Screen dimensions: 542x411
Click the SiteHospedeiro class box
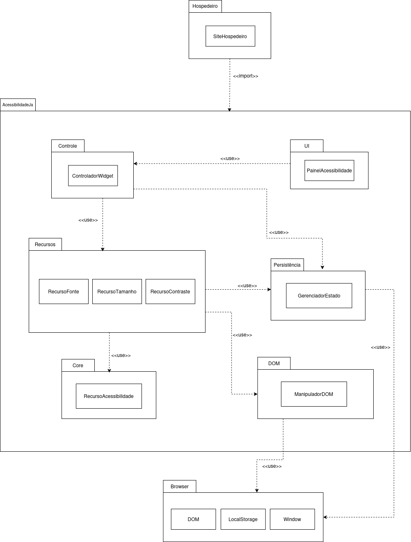[x=230, y=36]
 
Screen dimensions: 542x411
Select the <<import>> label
[x=245, y=76]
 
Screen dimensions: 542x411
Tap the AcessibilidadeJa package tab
[x=18, y=105]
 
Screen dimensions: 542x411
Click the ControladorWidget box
[x=93, y=176]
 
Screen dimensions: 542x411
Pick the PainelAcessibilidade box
[x=329, y=170]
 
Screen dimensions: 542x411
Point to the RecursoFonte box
[x=64, y=291]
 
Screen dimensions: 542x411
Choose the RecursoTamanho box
[x=117, y=291]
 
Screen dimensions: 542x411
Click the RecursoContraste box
[x=170, y=291]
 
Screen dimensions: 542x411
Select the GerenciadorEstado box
[x=319, y=295]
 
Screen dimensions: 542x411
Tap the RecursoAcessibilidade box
[x=109, y=396]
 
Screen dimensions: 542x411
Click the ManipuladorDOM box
[x=314, y=394]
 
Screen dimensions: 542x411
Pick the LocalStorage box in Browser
[x=243, y=519]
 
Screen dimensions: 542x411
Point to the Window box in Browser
[x=292, y=519]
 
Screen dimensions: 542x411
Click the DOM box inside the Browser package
[x=193, y=519]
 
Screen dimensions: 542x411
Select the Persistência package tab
[x=287, y=265]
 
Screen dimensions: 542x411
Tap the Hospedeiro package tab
[x=205, y=6]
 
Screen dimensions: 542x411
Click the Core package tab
[x=78, y=365]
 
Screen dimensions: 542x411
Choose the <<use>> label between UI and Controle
[x=230, y=158]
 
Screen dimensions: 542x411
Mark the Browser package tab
[x=180, y=486]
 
